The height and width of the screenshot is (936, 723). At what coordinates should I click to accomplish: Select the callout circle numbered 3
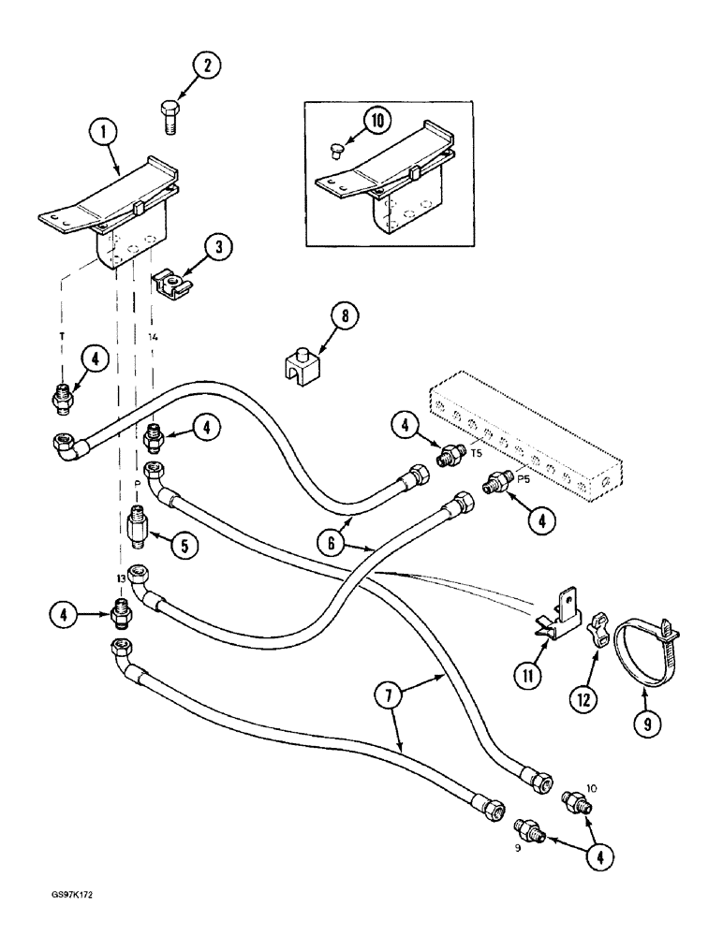[x=218, y=249]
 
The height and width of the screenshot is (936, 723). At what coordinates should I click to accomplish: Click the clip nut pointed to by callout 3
[x=170, y=285]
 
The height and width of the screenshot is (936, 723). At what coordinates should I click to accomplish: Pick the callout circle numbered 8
[x=343, y=317]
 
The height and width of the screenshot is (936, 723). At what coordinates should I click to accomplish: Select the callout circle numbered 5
[x=190, y=545]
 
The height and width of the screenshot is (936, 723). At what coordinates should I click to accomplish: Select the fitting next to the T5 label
[x=452, y=456]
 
